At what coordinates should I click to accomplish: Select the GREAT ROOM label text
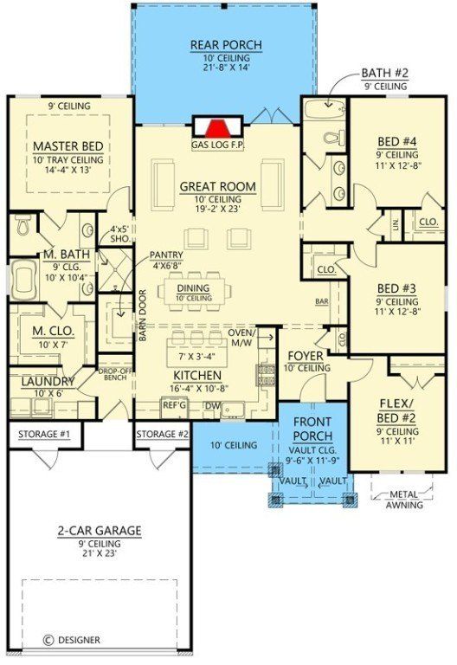[218, 186]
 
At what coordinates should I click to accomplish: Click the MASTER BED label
[68, 145]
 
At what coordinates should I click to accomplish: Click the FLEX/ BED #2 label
[399, 410]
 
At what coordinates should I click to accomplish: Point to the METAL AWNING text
[399, 500]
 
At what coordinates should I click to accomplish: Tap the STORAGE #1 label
[44, 433]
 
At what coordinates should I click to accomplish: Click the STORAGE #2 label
[162, 433]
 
